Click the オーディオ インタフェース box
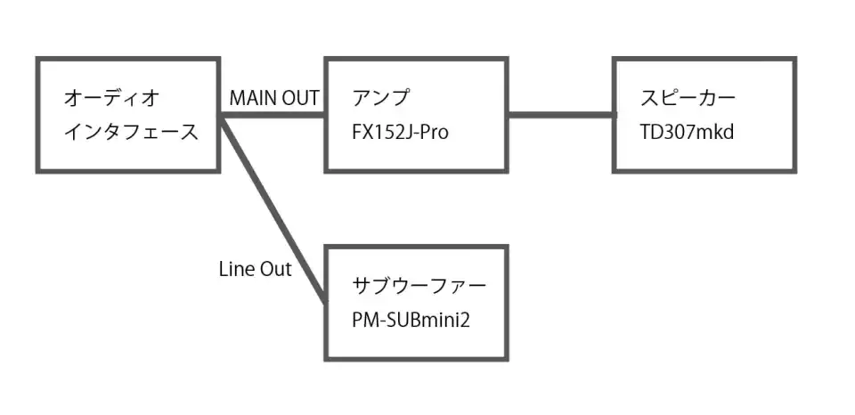pos(128,114)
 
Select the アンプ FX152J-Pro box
pos(416,114)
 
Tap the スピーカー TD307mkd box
pos(704,114)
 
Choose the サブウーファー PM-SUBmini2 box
pos(416,303)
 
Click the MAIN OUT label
pos(274,98)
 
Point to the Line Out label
pos(255,269)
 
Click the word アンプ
pos(379,98)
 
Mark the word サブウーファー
pos(419,286)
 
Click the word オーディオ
pos(114,98)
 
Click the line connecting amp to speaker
pos(560,115)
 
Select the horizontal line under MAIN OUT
pos(273,115)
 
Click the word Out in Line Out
pos(275,269)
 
